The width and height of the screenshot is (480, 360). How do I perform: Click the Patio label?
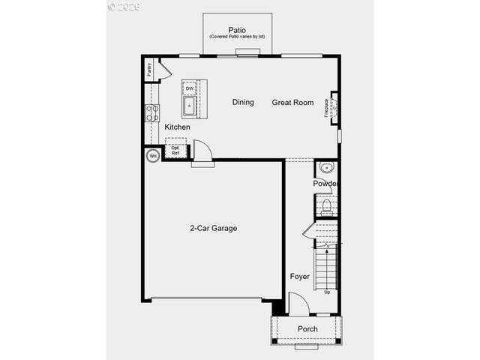click(237, 30)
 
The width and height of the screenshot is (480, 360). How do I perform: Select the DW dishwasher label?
click(190, 88)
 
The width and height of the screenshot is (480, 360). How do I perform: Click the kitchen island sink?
click(190, 106)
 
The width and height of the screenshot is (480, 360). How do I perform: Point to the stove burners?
click(151, 112)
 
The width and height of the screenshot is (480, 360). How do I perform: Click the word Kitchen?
click(177, 127)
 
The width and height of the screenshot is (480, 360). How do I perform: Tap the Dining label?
click(243, 103)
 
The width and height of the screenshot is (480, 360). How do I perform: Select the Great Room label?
click(292, 103)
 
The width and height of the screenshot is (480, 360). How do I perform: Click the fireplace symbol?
click(334, 106)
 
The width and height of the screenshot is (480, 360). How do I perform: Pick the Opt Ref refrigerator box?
click(175, 150)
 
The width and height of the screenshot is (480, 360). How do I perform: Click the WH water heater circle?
click(152, 156)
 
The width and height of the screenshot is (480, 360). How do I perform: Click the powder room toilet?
click(326, 205)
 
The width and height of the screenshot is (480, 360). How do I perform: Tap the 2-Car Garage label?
click(213, 228)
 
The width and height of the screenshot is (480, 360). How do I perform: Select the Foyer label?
click(300, 277)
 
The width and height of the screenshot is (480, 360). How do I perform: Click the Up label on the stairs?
click(326, 291)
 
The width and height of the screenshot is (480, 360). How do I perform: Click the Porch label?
click(307, 329)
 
